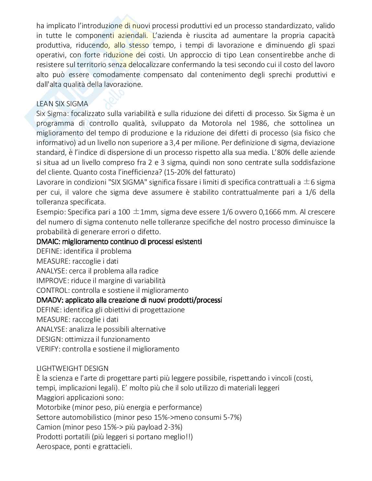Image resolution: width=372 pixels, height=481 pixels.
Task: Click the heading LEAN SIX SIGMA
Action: click(x=62, y=104)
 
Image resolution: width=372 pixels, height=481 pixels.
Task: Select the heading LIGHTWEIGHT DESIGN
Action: click(x=72, y=368)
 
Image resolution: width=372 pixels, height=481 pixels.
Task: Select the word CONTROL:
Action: click(x=53, y=290)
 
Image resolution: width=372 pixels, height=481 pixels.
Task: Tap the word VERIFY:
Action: click(x=48, y=349)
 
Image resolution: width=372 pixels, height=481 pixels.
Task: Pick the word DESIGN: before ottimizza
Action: click(x=50, y=339)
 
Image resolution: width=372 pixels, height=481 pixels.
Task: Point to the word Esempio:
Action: click(x=50, y=212)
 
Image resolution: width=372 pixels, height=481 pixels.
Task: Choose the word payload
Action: click(x=156, y=427)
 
